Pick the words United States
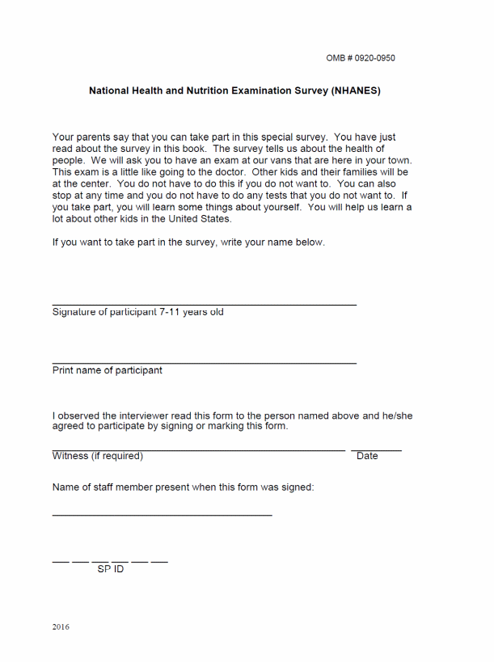tap(197, 219)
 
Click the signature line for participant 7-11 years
tap(204, 305)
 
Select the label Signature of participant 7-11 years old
tap(137, 312)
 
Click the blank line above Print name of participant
tap(204, 363)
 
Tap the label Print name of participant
tap(107, 370)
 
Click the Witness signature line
tap(198, 449)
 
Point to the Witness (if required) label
tap(97, 456)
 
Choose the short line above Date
tap(376, 449)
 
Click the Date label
tap(367, 456)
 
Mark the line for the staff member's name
tap(162, 515)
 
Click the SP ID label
tap(111, 569)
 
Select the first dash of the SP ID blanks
tap(61, 561)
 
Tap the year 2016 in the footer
tap(61, 626)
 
